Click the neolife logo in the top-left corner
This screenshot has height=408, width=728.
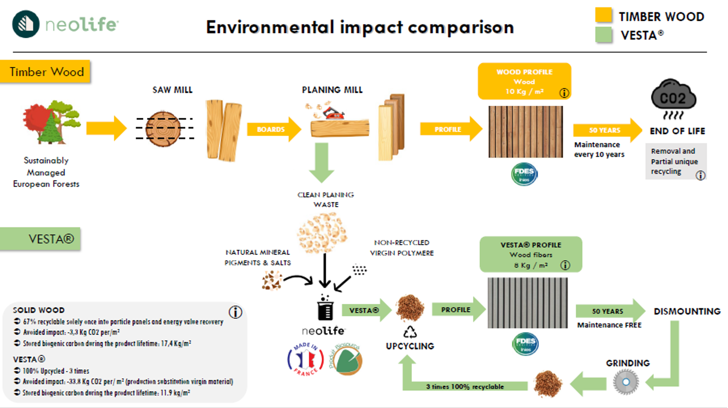(x=64, y=24)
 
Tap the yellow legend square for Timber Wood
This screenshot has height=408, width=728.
(x=603, y=16)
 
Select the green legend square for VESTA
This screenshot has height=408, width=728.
(x=603, y=35)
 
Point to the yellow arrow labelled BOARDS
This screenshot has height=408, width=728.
(x=273, y=130)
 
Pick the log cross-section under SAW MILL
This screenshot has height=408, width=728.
(x=163, y=129)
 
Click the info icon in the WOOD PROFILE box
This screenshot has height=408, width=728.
(x=564, y=93)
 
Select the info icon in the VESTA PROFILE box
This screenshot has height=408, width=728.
(x=565, y=265)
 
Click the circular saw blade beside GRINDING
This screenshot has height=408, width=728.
(x=626, y=382)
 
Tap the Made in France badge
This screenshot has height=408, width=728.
(x=305, y=359)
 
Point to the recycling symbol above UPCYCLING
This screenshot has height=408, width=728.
(x=410, y=332)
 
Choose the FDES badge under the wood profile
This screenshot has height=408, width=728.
(x=524, y=174)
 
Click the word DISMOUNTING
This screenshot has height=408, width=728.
(x=687, y=311)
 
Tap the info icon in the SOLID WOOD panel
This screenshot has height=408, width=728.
(x=235, y=312)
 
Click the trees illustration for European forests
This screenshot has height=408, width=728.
(x=52, y=122)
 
